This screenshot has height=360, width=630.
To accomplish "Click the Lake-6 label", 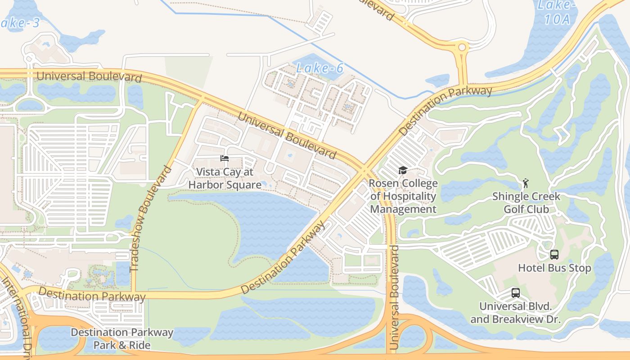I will click(320, 68).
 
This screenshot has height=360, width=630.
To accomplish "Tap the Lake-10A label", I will click(557, 12).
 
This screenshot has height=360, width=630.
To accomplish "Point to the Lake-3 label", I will click(20, 23).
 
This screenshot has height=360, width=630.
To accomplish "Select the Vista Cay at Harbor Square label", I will click(225, 178).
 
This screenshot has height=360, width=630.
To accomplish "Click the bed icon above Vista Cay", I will click(225, 158).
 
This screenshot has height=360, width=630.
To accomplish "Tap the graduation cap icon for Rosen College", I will click(403, 171).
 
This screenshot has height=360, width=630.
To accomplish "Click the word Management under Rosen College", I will click(403, 209).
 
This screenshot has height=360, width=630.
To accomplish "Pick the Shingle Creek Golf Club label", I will click(526, 202).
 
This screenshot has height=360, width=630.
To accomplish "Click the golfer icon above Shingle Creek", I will click(526, 183).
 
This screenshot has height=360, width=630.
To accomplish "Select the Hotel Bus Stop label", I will click(554, 268).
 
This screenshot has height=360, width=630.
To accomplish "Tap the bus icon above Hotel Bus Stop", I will click(554, 255).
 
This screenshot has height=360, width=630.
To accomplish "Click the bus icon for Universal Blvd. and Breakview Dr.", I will click(516, 293).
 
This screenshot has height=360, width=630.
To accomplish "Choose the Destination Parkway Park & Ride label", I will click(122, 339).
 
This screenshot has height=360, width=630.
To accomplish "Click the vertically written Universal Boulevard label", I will click(394, 298).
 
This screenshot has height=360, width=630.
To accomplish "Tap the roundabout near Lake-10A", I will click(462, 47).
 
